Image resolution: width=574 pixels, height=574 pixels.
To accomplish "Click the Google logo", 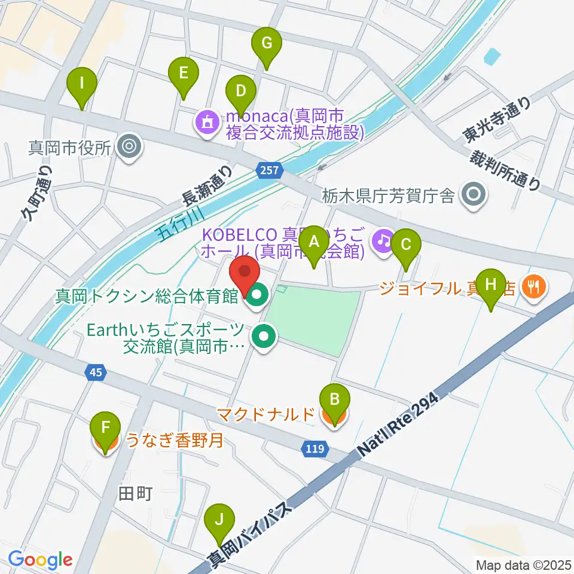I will coord(41,559).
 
